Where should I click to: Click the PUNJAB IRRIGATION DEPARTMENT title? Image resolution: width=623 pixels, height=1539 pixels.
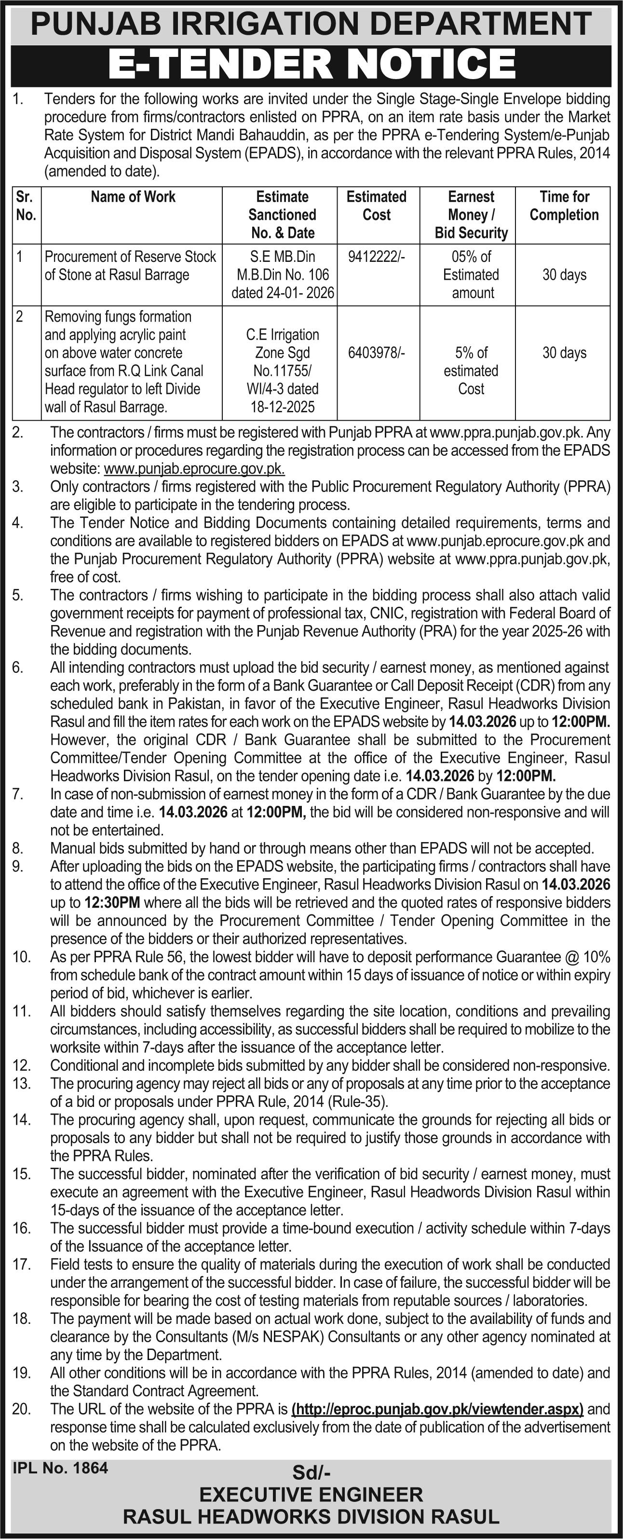coord(311,24)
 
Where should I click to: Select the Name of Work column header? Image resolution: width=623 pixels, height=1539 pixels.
coord(133,197)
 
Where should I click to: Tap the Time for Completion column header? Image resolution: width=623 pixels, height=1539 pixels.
coord(564,205)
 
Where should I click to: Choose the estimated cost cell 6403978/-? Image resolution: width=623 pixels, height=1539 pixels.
coord(376,353)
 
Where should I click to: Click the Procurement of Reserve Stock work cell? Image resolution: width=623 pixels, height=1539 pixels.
coord(130,266)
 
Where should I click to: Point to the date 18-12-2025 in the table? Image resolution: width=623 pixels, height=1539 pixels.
coord(282,408)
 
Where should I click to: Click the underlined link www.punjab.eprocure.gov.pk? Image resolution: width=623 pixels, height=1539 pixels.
coord(194,468)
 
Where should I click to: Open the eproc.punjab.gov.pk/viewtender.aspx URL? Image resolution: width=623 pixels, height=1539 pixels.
coord(437,1409)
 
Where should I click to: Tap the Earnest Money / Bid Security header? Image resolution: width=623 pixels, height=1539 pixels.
coord(471,215)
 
